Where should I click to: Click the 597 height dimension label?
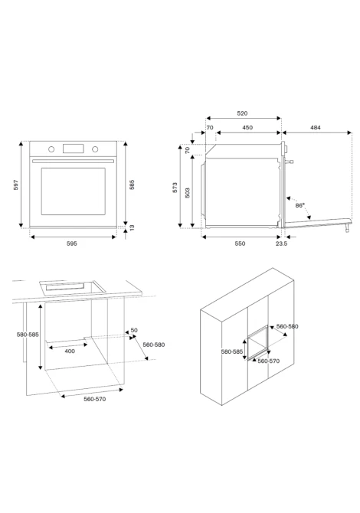[x=16, y=185]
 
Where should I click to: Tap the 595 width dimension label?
[x=72, y=243]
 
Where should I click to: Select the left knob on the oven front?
[x=51, y=149]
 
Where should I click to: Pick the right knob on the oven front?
[x=95, y=149]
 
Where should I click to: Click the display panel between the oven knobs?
[x=74, y=149]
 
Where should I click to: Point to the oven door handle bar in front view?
[x=74, y=161]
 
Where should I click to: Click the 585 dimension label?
[x=132, y=185]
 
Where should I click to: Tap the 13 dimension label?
[x=132, y=227]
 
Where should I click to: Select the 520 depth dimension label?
[x=242, y=113]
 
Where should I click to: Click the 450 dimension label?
[x=247, y=128]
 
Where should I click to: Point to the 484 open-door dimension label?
[x=316, y=128]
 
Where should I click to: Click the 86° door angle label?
[x=299, y=205]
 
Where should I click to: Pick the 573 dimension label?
[x=175, y=188]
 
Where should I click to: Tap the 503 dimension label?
[x=187, y=193]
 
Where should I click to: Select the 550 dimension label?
[x=240, y=243]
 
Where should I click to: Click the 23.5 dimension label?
[x=281, y=243]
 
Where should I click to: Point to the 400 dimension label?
[x=70, y=351]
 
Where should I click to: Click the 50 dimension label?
[x=134, y=331]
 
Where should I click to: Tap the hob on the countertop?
[x=72, y=287]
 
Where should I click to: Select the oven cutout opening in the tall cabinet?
[x=258, y=342]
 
